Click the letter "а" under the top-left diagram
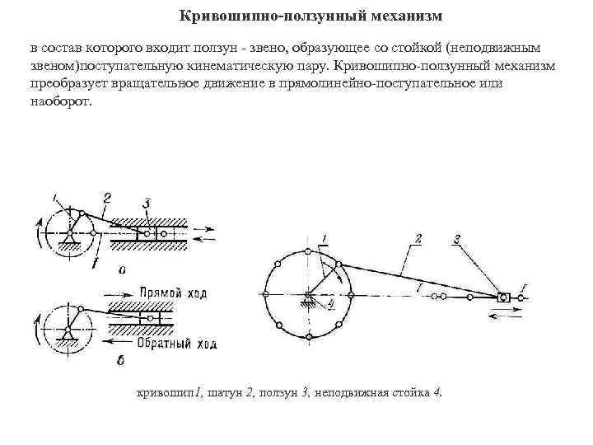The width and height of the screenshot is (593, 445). [x=123, y=269]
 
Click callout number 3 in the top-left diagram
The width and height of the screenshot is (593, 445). [x=146, y=202]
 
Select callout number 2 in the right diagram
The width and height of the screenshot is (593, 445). [x=418, y=238]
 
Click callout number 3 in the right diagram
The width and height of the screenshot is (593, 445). [x=456, y=239]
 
